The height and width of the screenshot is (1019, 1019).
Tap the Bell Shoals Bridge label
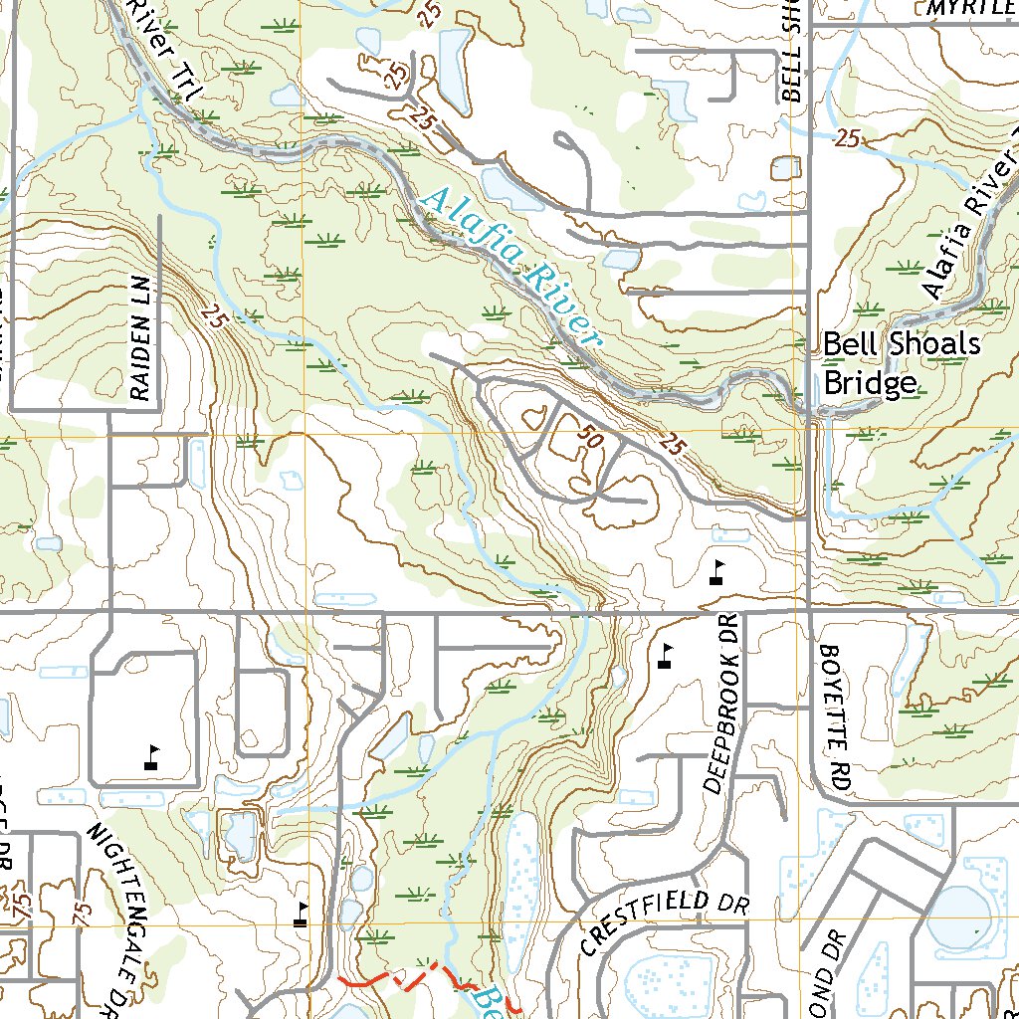click(x=901, y=363)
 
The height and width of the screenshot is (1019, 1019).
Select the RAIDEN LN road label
click(x=139, y=333)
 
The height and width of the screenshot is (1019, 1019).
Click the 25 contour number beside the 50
click(x=672, y=447)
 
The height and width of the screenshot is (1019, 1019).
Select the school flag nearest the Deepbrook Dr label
click(x=666, y=656)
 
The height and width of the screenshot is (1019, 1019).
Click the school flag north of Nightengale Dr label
click(x=152, y=758)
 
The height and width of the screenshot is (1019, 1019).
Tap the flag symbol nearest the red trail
click(x=301, y=915)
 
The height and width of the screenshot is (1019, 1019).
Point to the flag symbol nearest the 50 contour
click(x=717, y=571)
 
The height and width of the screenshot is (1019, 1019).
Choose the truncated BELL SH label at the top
click(x=791, y=50)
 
